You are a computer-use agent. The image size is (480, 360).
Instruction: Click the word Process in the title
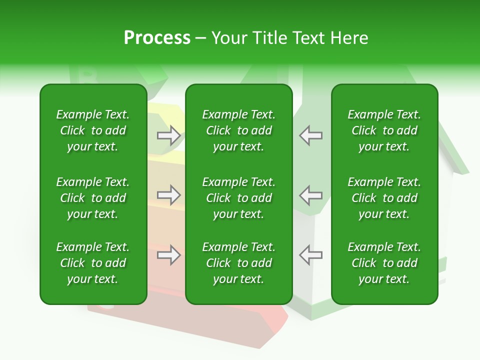157,38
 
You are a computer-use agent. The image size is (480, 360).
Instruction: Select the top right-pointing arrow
169,135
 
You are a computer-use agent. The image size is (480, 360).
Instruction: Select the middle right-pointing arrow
169,195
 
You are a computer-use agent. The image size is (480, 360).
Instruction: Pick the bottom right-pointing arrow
169,255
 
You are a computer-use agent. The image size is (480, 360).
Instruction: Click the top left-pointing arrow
310,135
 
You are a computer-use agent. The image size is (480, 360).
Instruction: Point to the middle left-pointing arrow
310,195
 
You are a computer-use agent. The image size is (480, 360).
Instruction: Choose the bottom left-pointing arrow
310,255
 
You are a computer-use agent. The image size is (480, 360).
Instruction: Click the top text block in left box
93,130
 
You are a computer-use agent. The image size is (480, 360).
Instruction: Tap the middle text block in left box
93,198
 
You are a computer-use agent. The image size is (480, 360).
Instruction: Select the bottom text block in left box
93,263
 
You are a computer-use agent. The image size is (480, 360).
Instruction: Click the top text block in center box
239,130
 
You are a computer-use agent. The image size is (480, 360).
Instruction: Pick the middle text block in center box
239,198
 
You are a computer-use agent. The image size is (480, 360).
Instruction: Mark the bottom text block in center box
239,263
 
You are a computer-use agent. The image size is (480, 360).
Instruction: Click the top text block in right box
384,130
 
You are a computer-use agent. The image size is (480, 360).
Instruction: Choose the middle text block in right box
384,198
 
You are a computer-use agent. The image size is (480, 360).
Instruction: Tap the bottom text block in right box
384,263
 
